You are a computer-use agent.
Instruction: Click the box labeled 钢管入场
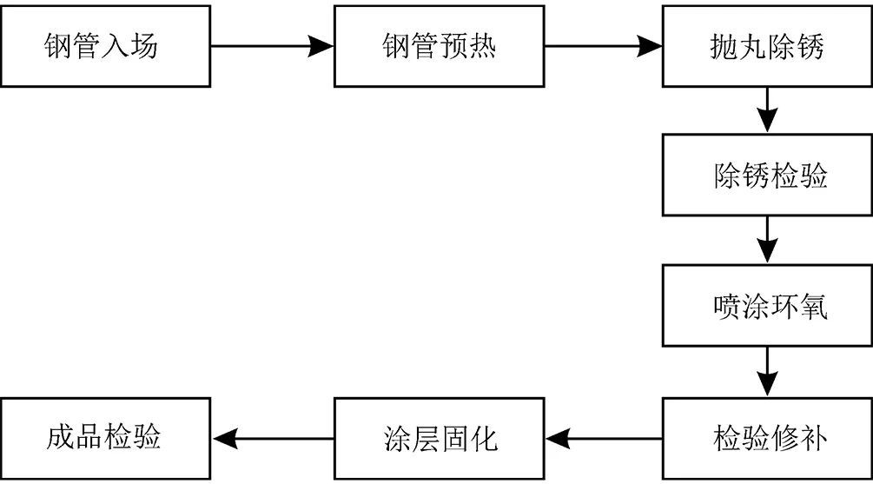105,46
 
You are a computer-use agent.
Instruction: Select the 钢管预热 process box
439,46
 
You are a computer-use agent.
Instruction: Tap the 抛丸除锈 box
767,46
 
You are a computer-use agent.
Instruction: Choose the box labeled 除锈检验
767,176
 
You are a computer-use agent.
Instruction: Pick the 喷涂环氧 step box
767,306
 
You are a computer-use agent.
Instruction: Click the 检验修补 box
767,438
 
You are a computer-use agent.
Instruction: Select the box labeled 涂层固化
439,438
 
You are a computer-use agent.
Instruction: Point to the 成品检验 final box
105,438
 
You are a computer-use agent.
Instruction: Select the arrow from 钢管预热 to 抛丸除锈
604,46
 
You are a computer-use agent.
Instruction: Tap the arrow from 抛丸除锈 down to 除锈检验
767,110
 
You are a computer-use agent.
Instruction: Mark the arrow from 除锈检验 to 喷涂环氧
767,240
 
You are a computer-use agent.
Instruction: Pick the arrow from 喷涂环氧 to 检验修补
767,372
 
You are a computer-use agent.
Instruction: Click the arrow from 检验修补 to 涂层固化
604,438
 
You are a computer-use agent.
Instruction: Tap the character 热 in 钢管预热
482,46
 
